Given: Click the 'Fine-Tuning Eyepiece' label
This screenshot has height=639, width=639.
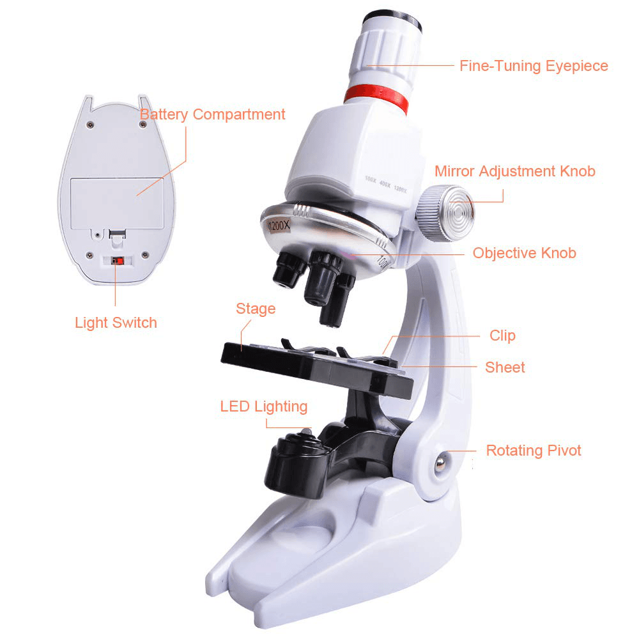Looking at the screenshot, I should tap(534, 66).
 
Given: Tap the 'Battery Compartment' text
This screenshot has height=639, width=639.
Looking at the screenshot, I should tap(212, 115).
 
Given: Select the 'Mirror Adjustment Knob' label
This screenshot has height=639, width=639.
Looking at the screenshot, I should tap(514, 171).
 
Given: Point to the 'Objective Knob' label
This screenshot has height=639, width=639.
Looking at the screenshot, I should tap(524, 253).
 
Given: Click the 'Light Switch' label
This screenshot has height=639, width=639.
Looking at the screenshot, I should tap(116, 323).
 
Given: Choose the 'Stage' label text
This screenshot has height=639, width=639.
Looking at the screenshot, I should tap(256, 309).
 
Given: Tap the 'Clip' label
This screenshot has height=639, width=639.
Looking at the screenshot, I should tap(502, 335).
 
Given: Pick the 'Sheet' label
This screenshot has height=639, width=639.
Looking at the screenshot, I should tap(505, 367).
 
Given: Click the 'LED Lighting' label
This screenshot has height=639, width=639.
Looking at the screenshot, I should tap(263, 406).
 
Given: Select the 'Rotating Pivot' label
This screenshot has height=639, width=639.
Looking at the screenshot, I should tap(534, 450).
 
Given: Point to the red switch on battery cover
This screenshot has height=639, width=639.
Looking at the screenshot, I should tap(116, 261).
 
